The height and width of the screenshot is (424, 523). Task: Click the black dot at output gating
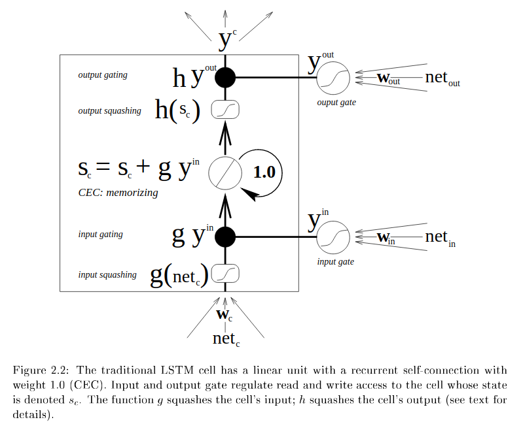225,78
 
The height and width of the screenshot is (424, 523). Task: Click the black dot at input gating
225,237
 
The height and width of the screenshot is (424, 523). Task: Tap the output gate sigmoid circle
333,79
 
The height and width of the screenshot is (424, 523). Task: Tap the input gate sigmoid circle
333,237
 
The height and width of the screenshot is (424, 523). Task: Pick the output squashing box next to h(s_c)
225,111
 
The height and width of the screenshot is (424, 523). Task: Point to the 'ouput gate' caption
336,103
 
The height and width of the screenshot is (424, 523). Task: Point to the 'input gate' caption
335,261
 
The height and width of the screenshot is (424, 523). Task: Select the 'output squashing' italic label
109,111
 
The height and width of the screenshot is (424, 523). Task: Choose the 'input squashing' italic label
107,274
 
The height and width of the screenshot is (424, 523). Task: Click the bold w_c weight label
225,315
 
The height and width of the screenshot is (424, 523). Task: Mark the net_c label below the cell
226,338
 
